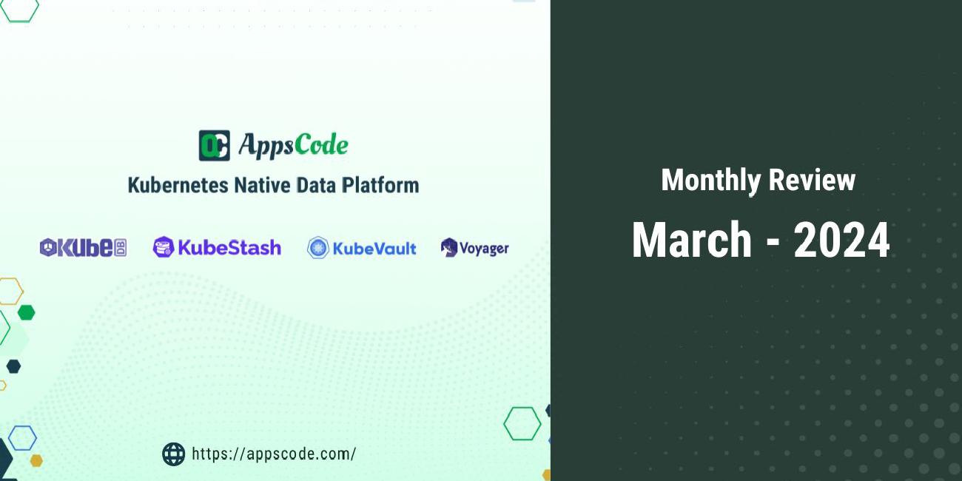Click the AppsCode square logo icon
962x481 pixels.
point(214,145)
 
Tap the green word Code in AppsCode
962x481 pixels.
point(320,145)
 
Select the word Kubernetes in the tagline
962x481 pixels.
point(178,185)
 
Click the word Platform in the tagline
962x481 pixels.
point(380,185)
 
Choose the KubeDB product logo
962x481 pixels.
point(83,248)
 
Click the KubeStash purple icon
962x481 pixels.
point(163,247)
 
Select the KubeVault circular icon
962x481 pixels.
point(318,248)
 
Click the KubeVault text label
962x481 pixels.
point(374,249)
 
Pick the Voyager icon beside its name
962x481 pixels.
point(448,248)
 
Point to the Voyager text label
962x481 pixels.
point(484,249)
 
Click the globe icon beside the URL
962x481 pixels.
point(173,454)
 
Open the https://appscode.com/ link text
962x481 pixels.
point(274,454)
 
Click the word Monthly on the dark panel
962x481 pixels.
point(712,181)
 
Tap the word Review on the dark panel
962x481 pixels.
point(813,181)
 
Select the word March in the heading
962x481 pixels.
point(692,240)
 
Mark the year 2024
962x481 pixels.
point(841,240)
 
